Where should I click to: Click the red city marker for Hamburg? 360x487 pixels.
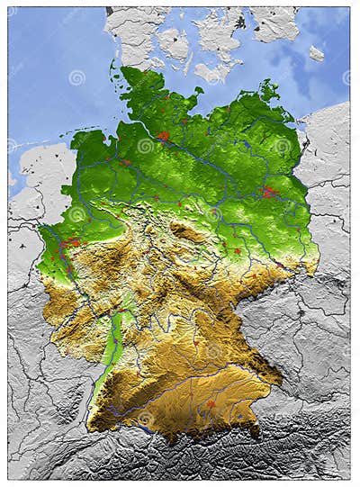point(163,136)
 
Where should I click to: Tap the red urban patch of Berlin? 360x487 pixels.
point(269,191)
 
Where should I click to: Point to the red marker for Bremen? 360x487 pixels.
point(125,162)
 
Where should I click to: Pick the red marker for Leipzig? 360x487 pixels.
point(236,251)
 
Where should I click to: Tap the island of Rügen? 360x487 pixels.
point(268,89)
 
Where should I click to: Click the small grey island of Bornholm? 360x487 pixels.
point(316,53)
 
